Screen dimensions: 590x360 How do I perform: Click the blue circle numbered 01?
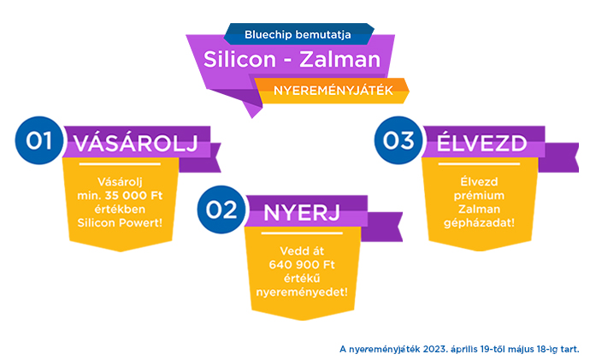point(38,140)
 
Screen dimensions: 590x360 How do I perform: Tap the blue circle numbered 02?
point(221,210)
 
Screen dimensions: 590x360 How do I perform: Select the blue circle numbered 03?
point(398,140)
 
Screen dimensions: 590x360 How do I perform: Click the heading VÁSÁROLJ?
point(135,144)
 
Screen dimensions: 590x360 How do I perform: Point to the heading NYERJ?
point(302,213)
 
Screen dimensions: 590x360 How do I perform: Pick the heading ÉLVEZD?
point(481,144)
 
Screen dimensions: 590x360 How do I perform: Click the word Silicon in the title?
point(240,60)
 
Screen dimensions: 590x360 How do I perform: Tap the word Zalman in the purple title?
point(340,60)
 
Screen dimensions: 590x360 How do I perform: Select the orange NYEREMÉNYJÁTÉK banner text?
point(333,91)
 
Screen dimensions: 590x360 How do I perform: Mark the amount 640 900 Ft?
point(302,265)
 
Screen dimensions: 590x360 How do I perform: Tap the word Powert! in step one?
point(141,222)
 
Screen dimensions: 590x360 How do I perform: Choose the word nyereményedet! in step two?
point(302,292)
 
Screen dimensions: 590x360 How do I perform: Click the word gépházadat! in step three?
point(479,223)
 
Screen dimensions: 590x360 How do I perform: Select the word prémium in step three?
point(479,196)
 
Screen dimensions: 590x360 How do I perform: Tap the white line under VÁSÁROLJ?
point(120,164)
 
